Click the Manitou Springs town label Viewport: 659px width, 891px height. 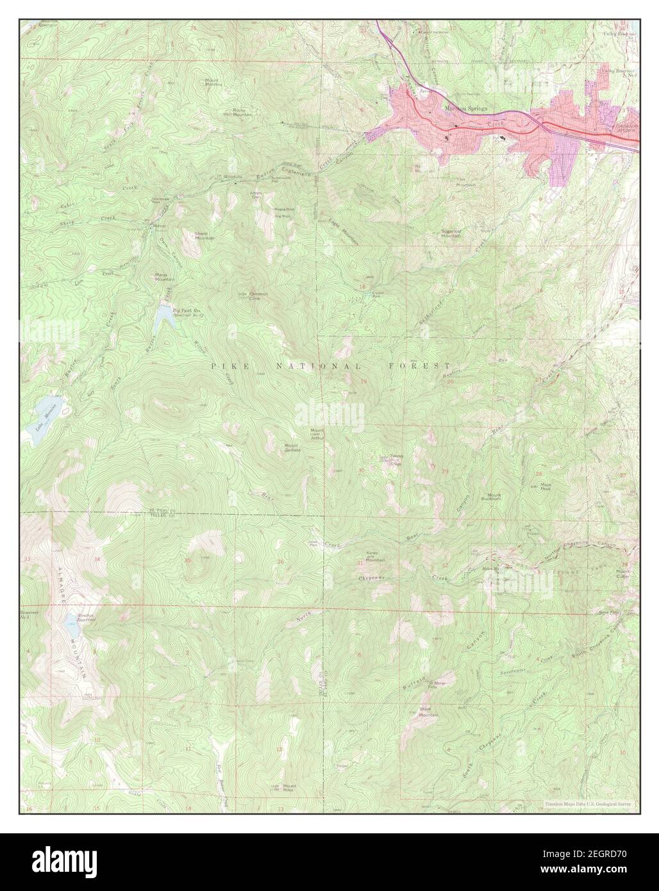pos(465,108)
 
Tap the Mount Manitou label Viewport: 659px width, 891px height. pos(213,83)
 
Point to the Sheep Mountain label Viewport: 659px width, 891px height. pos(204,236)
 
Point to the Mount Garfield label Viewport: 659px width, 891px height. pos(292,447)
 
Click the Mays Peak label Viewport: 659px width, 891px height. pos(546,486)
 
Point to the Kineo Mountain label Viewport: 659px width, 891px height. pos(374,556)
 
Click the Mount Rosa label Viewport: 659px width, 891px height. pos(290,786)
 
